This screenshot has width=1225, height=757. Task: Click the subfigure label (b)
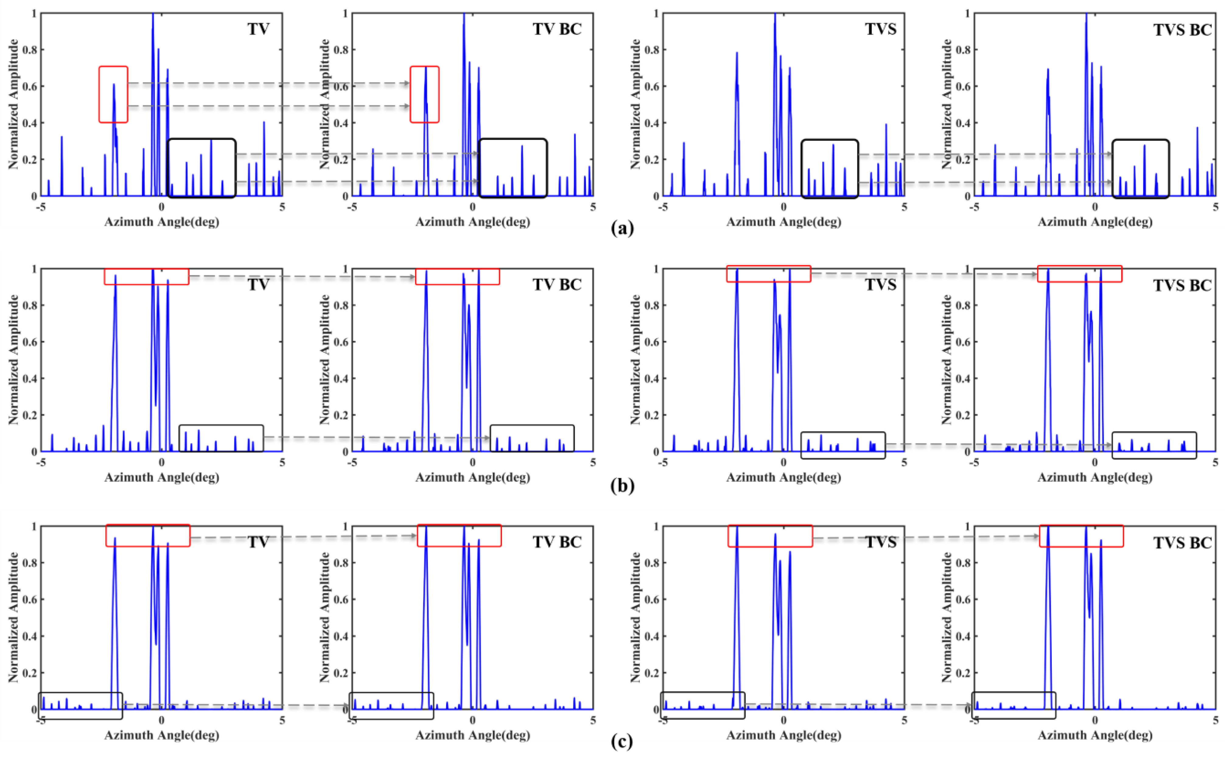click(622, 486)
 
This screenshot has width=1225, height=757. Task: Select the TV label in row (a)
click(258, 29)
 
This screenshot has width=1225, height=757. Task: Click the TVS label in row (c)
click(880, 542)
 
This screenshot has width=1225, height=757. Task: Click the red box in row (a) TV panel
click(113, 94)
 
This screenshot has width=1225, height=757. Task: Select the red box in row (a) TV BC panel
click(425, 94)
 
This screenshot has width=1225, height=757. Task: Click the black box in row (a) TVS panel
click(830, 169)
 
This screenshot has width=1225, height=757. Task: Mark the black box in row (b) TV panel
click(221, 438)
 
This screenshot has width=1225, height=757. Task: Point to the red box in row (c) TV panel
click(148, 535)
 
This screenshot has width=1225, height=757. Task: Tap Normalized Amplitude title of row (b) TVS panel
click(635, 359)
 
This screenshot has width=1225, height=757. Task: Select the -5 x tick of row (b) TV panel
click(40, 462)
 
